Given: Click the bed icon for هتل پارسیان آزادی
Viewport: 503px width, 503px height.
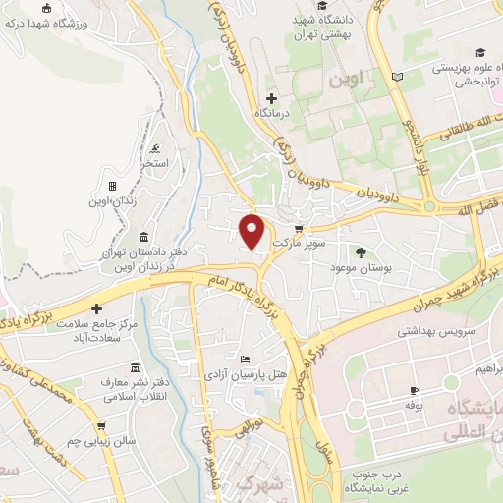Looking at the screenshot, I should tap(245, 360).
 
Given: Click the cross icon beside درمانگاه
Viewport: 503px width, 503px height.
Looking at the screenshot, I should tap(272, 98).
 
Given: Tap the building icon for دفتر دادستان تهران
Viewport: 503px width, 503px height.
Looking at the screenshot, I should tap(145, 238).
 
